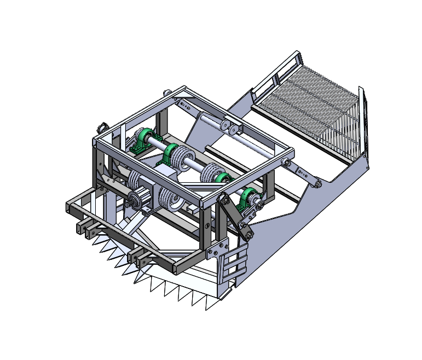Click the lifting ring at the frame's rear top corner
167,91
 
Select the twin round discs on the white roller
230,128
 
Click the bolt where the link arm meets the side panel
317,182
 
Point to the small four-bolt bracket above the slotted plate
218,248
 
